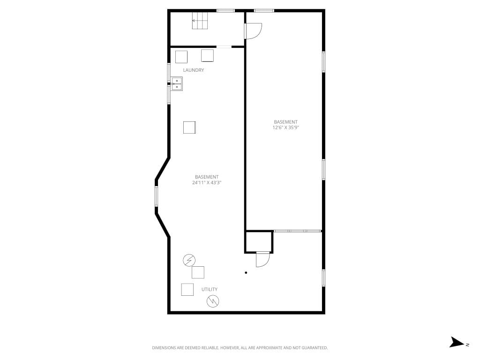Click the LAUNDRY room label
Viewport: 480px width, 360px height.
(x=193, y=70)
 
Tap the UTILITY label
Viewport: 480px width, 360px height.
(x=210, y=289)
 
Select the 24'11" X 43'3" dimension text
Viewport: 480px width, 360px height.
(x=207, y=183)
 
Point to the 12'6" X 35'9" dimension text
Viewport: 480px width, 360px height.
(x=285, y=127)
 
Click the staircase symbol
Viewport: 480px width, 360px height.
(x=200, y=21)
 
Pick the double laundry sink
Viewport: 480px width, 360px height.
(x=177, y=84)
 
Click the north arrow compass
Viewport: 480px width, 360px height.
(x=458, y=342)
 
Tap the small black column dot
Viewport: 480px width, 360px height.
(x=246, y=272)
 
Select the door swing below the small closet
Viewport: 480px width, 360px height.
(x=262, y=259)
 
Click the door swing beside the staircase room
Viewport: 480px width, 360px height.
(x=254, y=31)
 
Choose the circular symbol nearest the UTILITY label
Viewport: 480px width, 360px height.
(x=213, y=301)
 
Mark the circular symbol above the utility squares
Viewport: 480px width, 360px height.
(x=189, y=260)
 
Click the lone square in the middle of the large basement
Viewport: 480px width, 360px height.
(x=189, y=127)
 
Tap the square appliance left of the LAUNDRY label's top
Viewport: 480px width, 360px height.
(x=181, y=57)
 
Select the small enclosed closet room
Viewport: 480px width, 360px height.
(x=259, y=242)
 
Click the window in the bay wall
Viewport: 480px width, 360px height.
(x=156, y=196)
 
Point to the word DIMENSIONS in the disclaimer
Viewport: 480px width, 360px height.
(x=164, y=348)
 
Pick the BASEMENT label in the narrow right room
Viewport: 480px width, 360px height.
(x=285, y=122)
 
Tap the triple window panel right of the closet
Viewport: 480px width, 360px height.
(x=297, y=231)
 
